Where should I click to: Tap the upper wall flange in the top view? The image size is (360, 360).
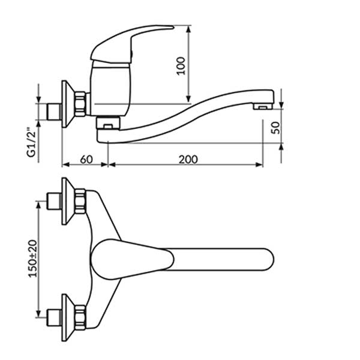click(66, 200)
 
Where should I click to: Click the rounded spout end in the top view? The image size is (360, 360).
click(267, 258)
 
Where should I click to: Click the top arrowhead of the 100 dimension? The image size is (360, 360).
click(190, 28)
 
